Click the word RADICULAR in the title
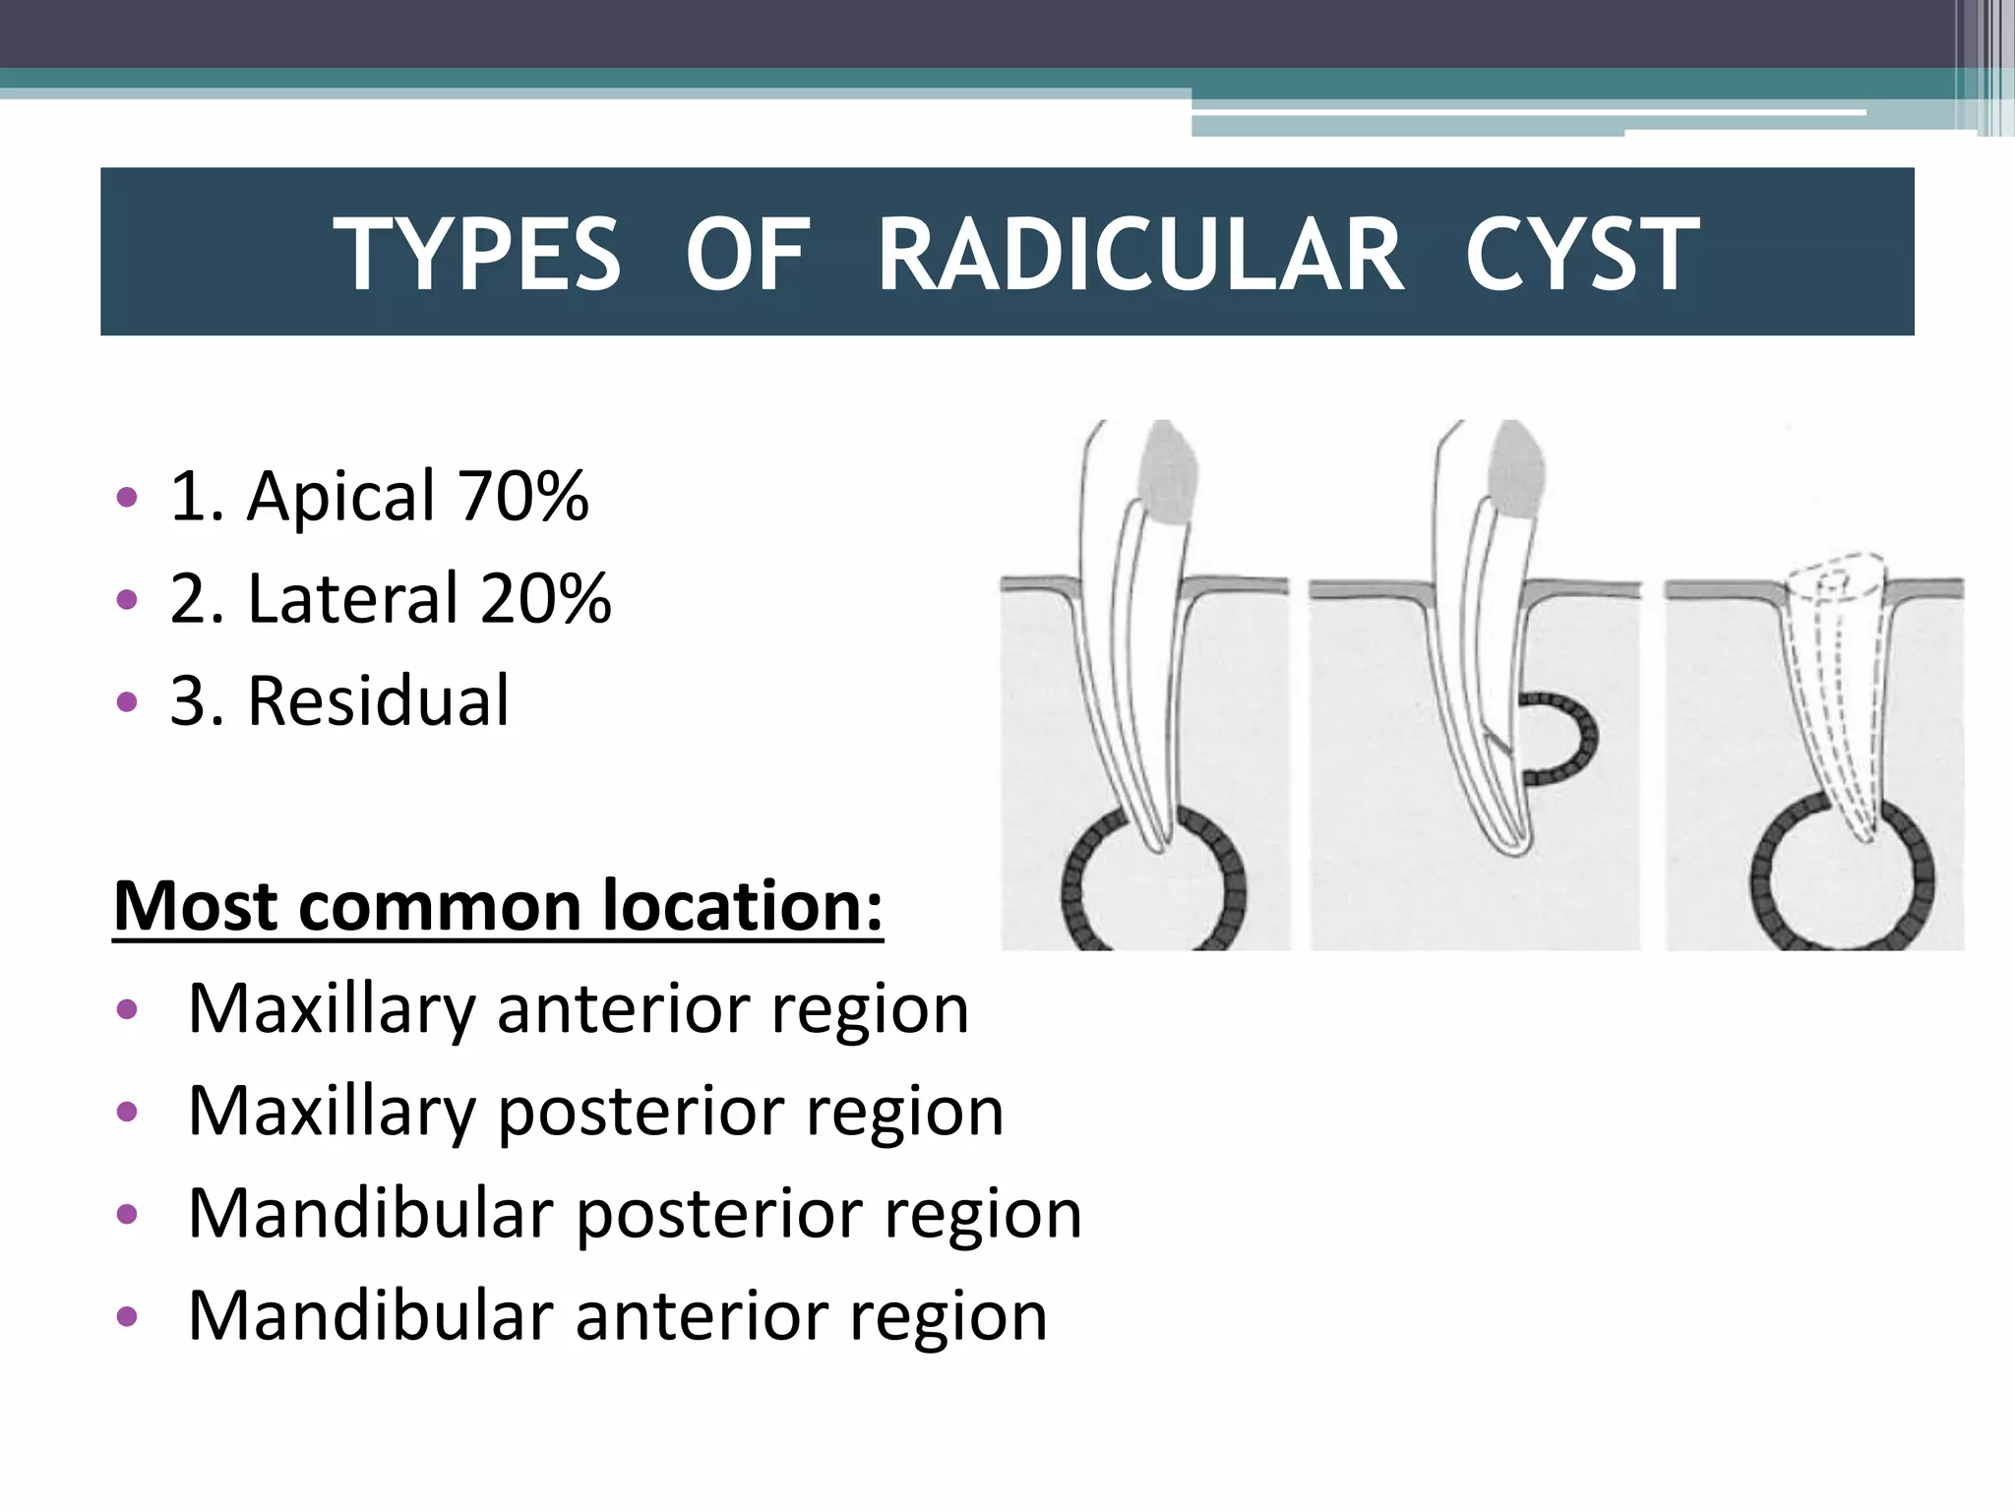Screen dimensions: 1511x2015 (x=1140, y=255)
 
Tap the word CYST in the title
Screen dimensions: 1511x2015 (x=1581, y=255)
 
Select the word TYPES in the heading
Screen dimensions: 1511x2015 (x=477, y=255)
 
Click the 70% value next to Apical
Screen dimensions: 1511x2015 (x=522, y=496)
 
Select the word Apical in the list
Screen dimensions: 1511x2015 (x=340, y=496)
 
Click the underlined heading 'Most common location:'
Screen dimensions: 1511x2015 (x=498, y=905)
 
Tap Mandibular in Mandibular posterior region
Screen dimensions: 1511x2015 (x=370, y=1214)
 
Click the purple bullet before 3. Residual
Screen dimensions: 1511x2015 (x=127, y=702)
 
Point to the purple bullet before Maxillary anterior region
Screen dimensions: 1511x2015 (x=127, y=1010)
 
